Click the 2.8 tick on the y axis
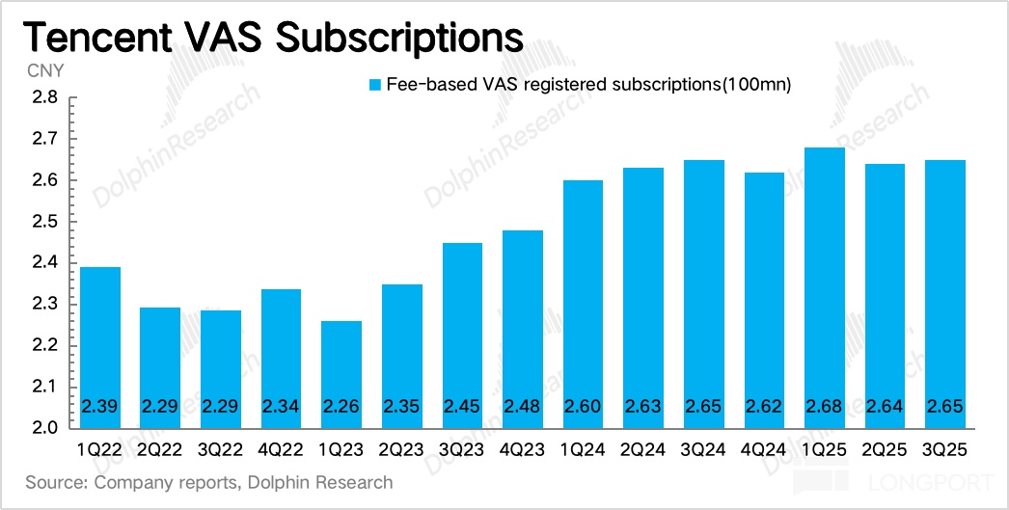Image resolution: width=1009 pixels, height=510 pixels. (46, 98)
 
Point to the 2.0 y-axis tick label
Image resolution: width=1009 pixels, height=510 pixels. (46, 428)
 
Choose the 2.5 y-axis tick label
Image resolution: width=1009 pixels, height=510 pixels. (46, 222)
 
